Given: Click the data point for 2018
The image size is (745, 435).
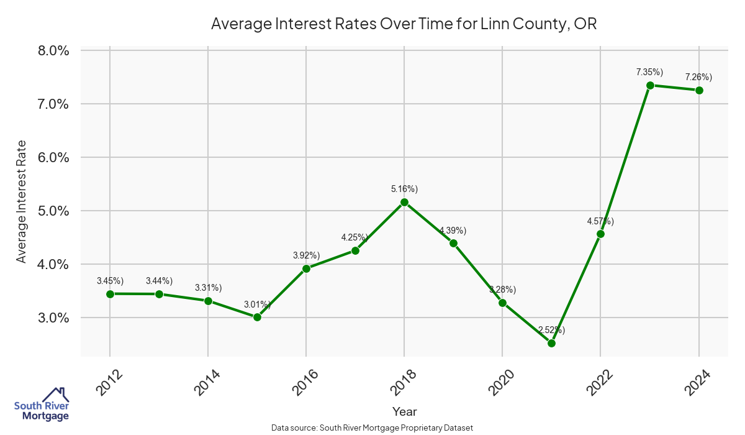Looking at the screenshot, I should click(x=404, y=202).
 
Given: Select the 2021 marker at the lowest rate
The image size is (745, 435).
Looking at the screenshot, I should click(x=551, y=343).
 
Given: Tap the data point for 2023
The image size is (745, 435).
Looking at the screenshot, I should click(x=650, y=85).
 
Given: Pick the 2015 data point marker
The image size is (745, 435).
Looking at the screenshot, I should click(x=257, y=317).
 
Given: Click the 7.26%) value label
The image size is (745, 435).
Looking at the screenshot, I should click(x=698, y=77).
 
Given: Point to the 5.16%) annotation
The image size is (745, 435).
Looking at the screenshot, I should click(x=404, y=189).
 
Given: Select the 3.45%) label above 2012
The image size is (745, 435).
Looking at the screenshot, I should click(x=110, y=281).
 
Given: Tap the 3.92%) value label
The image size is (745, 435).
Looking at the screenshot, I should click(x=306, y=255).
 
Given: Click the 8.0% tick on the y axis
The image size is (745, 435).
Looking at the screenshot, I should click(x=53, y=50).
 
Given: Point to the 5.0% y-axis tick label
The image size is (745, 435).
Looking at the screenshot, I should click(x=53, y=211).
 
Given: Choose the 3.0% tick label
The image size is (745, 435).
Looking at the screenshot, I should click(x=53, y=318).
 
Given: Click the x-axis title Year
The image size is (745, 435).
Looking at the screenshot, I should click(x=404, y=411).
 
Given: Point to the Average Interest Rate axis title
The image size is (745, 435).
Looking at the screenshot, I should click(x=22, y=201).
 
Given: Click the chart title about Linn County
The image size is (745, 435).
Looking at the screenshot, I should click(x=404, y=24).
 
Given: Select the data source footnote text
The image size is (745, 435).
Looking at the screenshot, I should click(x=372, y=428).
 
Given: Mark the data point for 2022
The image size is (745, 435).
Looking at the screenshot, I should click(x=600, y=234).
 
